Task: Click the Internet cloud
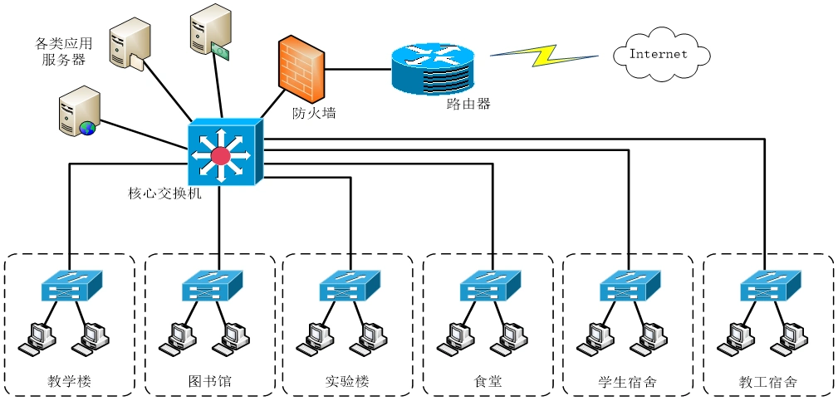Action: point(661,55)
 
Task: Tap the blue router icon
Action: point(430,70)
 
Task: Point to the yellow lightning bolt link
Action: point(543,55)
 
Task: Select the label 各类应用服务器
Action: point(63,51)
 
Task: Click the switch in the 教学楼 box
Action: point(71,286)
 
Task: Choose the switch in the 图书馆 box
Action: point(212,286)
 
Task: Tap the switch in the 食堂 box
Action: point(490,286)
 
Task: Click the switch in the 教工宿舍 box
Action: point(771,286)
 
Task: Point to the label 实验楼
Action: point(347,382)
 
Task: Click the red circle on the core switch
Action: point(220,155)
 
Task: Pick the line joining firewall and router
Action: point(357,68)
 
